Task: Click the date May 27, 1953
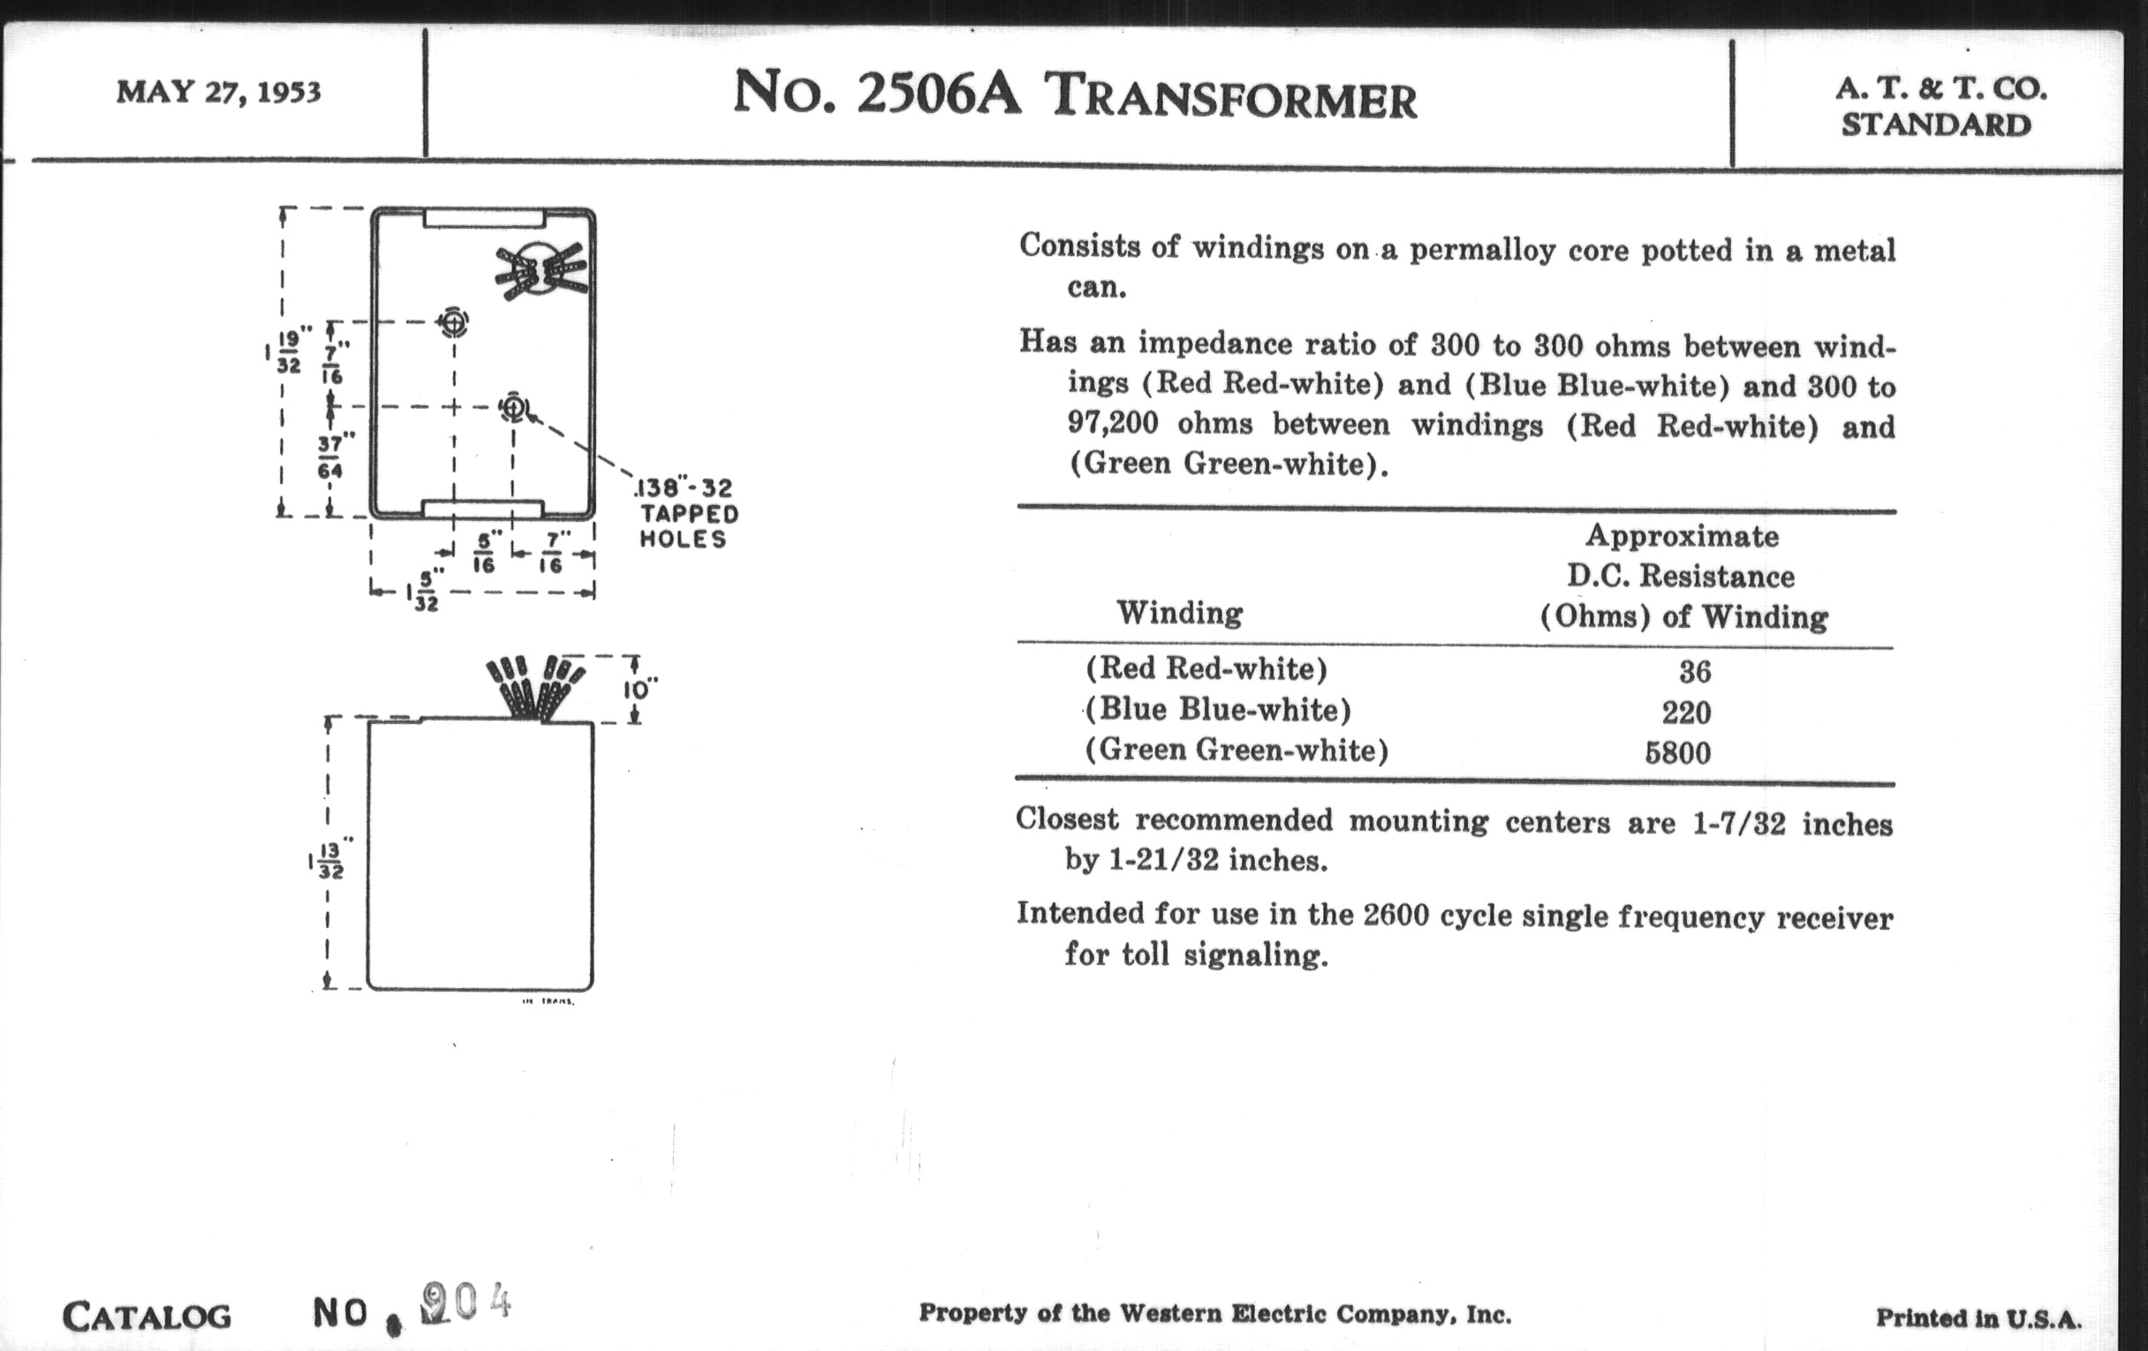click(x=217, y=92)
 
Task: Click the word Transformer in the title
click(x=1230, y=97)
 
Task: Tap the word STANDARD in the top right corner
click(x=1936, y=125)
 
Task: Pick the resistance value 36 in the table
click(x=1694, y=670)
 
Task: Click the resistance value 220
click(x=1686, y=713)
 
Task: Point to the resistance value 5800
click(x=1678, y=753)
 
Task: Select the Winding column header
click(x=1179, y=613)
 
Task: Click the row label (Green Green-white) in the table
click(x=1237, y=750)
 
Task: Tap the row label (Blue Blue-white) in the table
click(x=1218, y=710)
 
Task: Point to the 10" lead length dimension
click(x=639, y=690)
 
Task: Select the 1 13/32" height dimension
click(x=329, y=861)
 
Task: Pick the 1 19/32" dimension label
click(x=287, y=352)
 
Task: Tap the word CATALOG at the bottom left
click(x=147, y=1317)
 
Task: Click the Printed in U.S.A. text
click(x=1978, y=1318)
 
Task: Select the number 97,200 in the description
click(x=1112, y=423)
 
